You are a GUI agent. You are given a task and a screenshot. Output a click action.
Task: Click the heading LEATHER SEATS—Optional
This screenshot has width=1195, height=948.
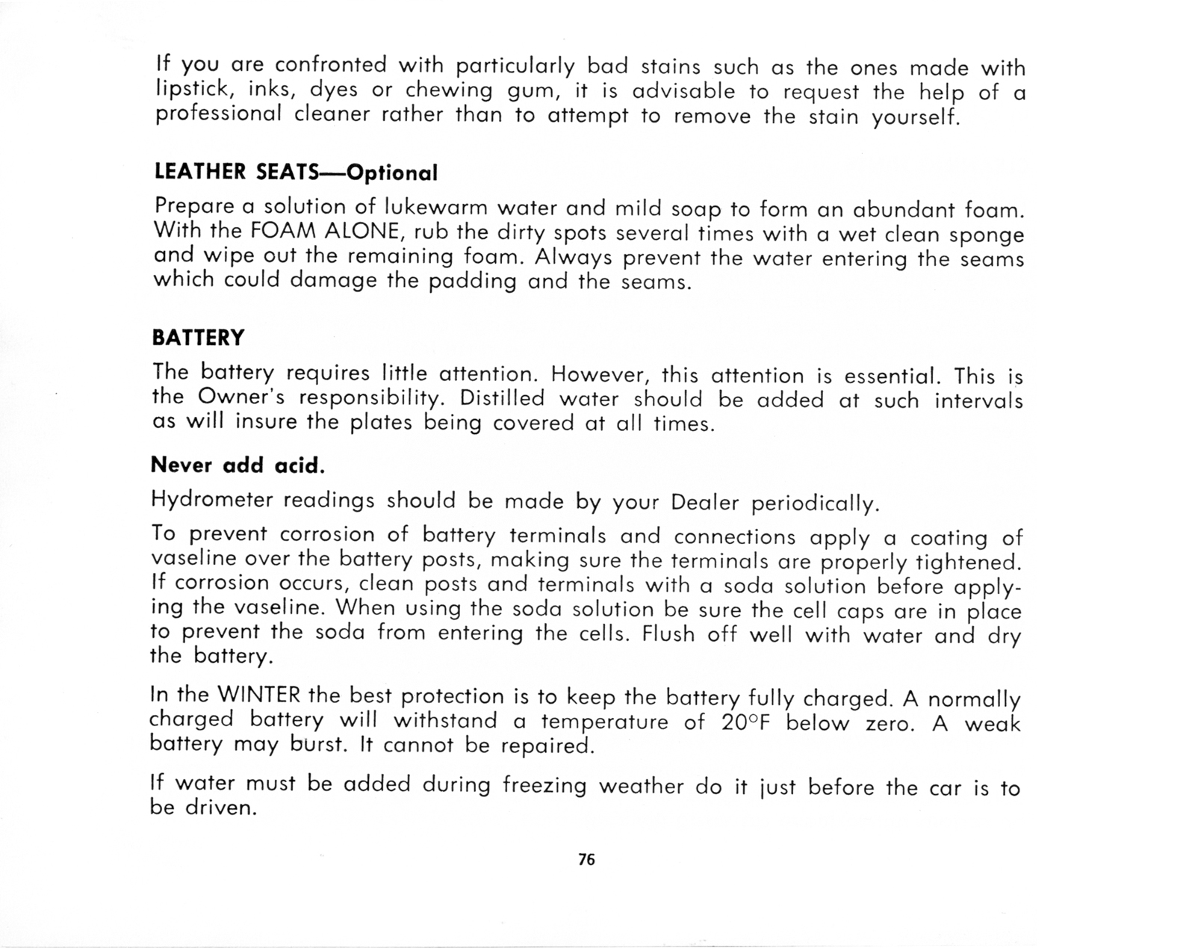(x=295, y=173)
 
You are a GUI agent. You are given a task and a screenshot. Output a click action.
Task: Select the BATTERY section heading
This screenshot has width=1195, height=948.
(x=198, y=338)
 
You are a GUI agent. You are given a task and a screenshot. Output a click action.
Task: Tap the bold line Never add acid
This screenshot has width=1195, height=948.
(x=238, y=465)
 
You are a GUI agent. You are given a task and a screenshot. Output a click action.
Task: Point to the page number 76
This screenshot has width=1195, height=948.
(x=586, y=860)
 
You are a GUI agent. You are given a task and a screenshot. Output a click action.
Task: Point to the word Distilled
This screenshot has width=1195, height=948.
(x=502, y=398)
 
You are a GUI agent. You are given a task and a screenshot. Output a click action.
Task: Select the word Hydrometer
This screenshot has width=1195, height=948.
(x=211, y=500)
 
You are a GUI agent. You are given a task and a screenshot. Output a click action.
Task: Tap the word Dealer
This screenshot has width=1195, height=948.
(x=705, y=501)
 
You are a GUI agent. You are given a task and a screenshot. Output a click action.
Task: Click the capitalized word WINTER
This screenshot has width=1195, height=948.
(x=258, y=695)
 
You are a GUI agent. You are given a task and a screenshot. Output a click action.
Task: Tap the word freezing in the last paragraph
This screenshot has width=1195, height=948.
(x=544, y=786)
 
